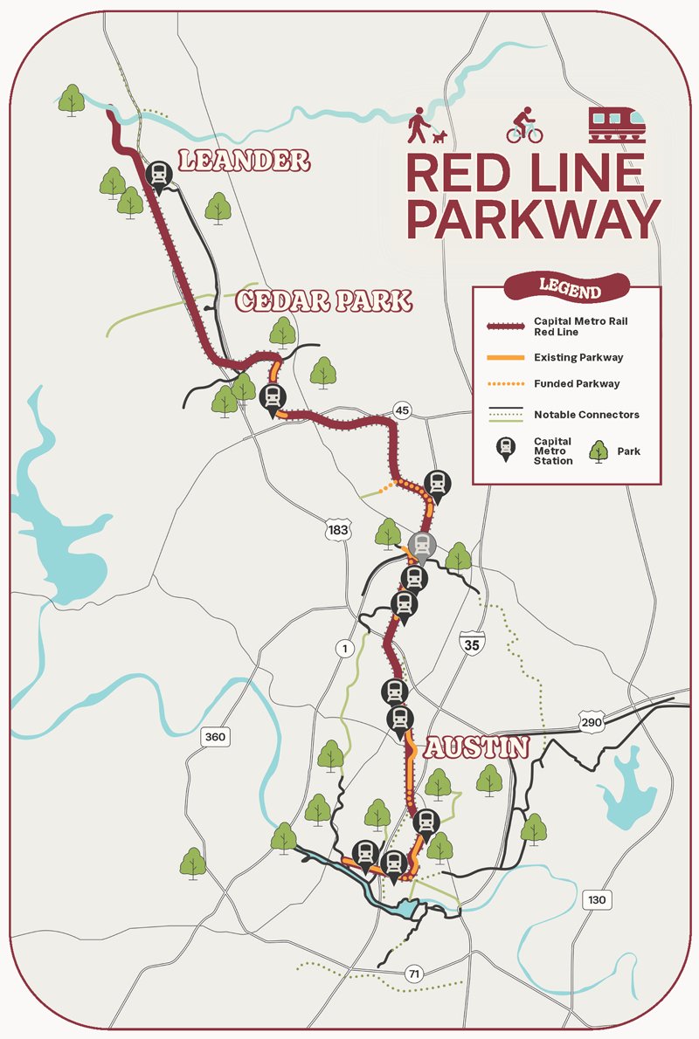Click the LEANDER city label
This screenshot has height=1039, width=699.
[244, 160]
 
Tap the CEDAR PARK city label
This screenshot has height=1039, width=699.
[323, 301]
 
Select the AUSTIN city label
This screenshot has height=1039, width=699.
[477, 747]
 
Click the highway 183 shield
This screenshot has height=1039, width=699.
[337, 529]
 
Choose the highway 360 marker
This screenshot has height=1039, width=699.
[214, 737]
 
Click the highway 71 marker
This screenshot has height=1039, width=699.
[412, 973]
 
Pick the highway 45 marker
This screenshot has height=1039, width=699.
[401, 410]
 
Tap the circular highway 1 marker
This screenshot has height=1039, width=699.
[345, 647]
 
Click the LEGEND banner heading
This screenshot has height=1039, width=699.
[569, 287]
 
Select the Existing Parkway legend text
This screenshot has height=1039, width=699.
[578, 358]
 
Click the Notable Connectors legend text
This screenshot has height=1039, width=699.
[586, 414]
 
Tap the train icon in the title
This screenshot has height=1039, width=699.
[617, 124]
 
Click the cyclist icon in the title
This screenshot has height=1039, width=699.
[524, 125]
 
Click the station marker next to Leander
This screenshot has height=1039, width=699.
[159, 175]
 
